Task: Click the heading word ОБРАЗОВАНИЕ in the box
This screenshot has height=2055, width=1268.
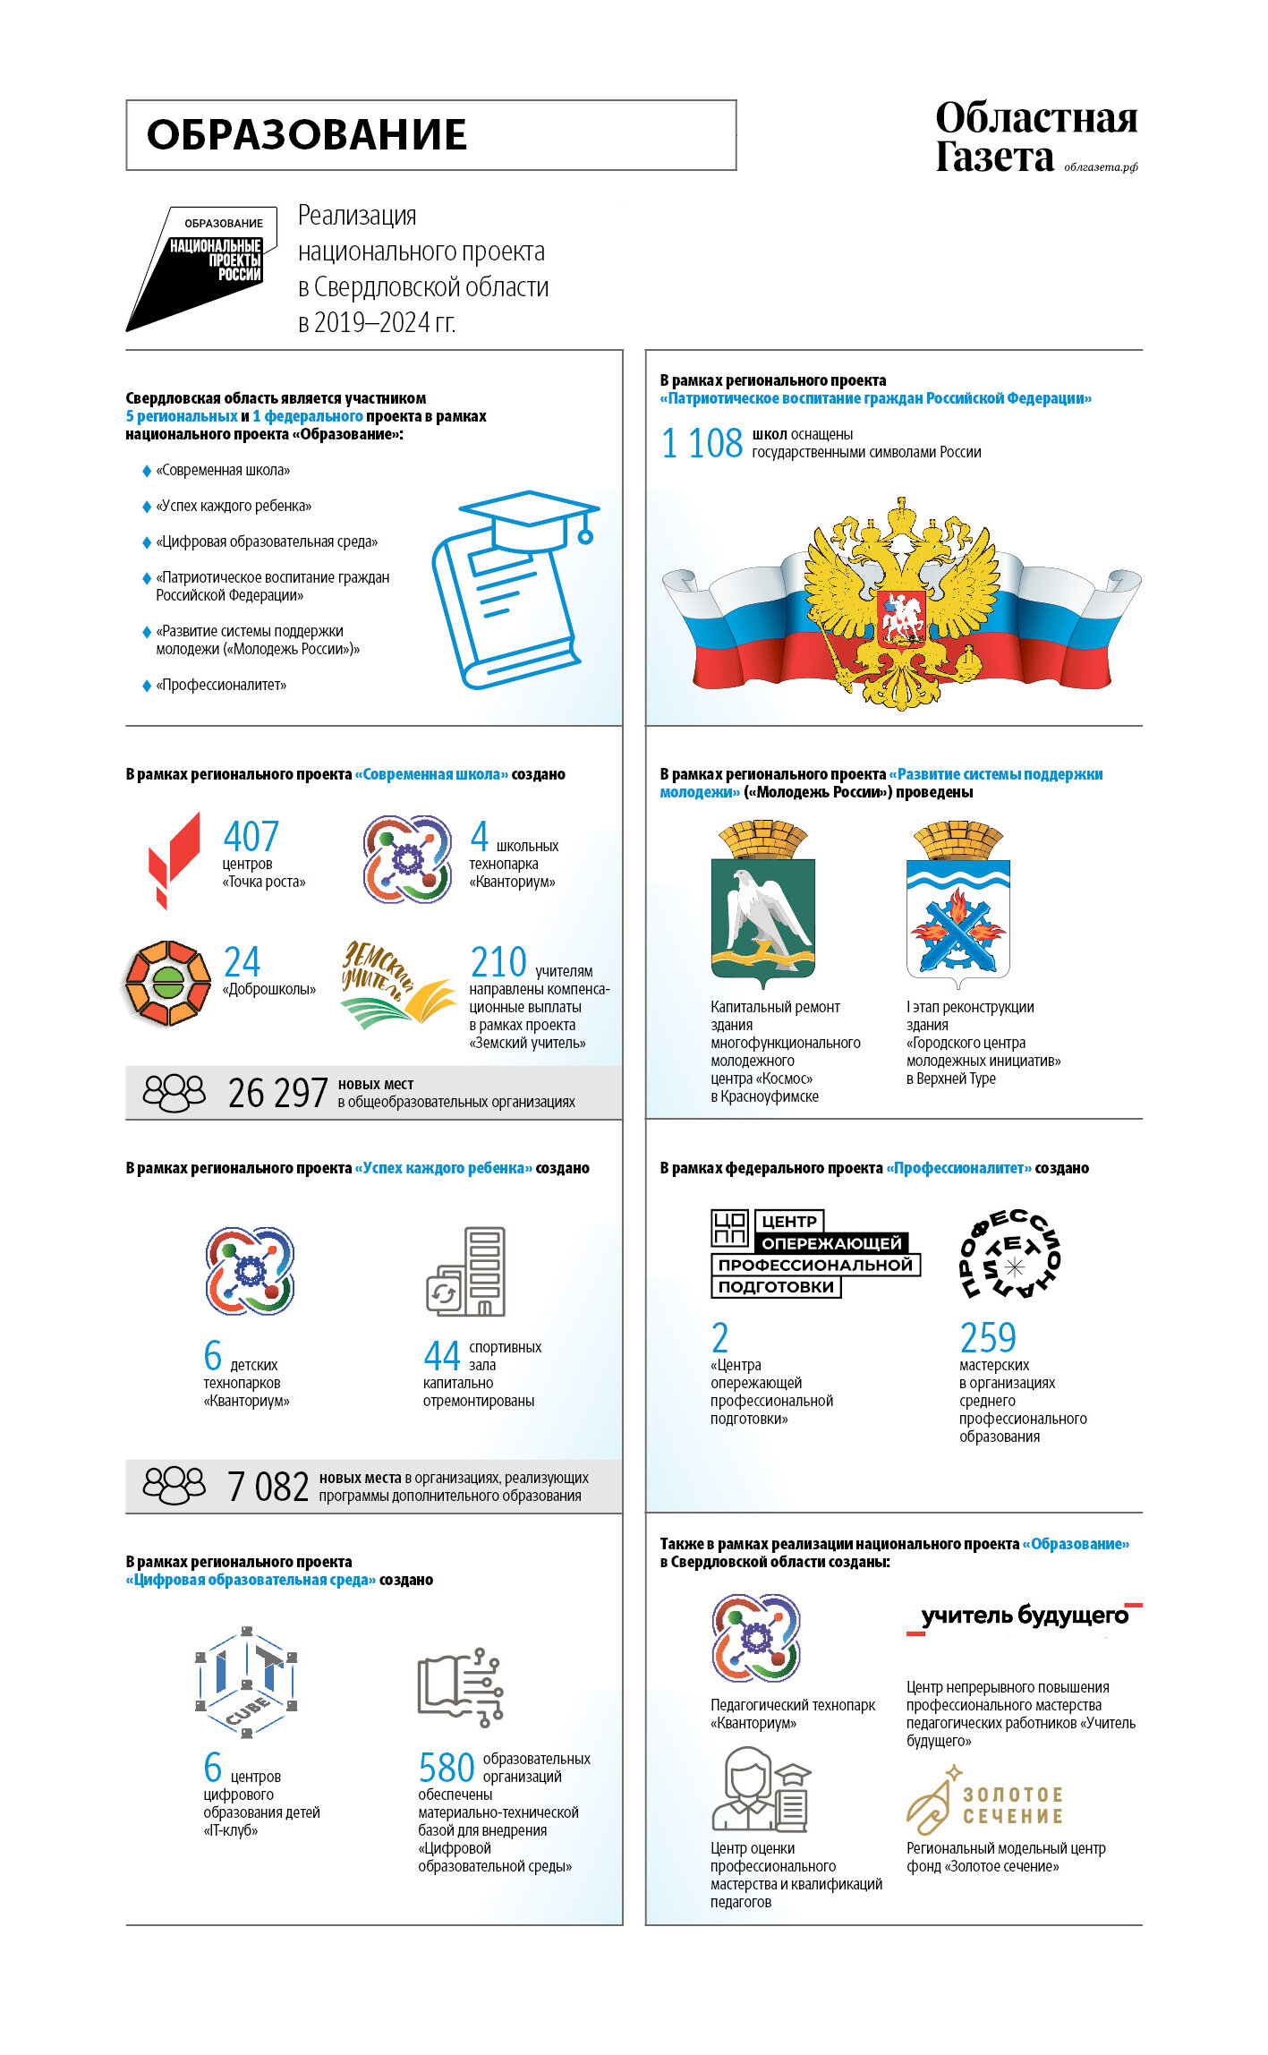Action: tap(306, 135)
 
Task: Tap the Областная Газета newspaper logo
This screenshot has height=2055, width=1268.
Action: tap(1035, 137)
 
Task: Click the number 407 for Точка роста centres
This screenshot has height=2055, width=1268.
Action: tap(251, 837)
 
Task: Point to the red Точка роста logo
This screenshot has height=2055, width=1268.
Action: tap(174, 858)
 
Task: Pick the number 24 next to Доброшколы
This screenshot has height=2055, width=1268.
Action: tap(242, 962)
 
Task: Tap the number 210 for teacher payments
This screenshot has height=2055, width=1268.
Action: tap(498, 962)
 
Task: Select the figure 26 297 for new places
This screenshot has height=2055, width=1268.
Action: tap(277, 1093)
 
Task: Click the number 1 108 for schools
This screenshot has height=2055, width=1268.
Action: tap(702, 443)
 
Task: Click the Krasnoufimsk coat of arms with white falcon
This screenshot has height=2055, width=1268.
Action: tap(762, 904)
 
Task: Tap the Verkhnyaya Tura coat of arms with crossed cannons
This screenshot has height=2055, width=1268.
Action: tap(957, 904)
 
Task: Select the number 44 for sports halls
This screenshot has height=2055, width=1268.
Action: tap(442, 1356)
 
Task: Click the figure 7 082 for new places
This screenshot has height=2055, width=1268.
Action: tap(268, 1487)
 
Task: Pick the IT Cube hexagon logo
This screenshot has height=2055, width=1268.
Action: tap(246, 1682)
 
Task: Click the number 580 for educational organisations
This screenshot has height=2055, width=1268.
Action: tap(446, 1768)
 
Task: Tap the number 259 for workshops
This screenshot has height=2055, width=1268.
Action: tap(988, 1338)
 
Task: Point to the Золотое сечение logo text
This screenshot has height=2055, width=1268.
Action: tap(1012, 1805)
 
